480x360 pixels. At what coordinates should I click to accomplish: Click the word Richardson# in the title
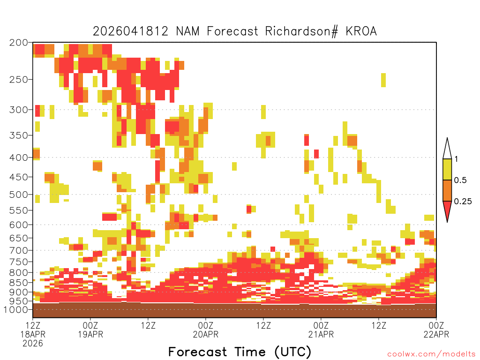click(301, 31)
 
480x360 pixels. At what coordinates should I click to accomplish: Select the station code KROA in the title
click(361, 31)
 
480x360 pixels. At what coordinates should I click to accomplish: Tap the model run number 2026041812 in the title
click(130, 31)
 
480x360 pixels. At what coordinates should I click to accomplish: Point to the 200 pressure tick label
click(19, 43)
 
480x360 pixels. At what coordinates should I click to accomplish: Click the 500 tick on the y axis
click(19, 195)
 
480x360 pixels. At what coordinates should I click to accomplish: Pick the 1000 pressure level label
click(15, 309)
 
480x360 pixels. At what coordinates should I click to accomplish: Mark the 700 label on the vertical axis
click(19, 250)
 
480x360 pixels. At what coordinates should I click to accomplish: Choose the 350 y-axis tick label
click(19, 135)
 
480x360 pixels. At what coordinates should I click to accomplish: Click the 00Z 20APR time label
click(206, 330)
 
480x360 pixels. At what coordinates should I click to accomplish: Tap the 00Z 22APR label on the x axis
click(436, 330)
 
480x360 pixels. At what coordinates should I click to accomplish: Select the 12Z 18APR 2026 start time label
click(33, 334)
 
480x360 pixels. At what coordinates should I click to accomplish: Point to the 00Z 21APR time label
click(321, 330)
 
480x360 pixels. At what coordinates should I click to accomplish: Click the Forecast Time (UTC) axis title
click(240, 352)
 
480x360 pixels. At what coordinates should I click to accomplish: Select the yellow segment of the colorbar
click(447, 169)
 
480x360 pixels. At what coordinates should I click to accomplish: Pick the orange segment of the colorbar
click(447, 190)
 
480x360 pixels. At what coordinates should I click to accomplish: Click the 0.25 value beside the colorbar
click(463, 202)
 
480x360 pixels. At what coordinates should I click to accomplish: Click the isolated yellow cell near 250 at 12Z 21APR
click(383, 80)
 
